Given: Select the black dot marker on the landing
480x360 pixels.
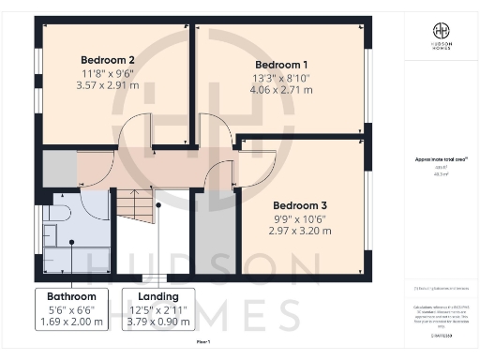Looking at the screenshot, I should pos(159,204).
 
